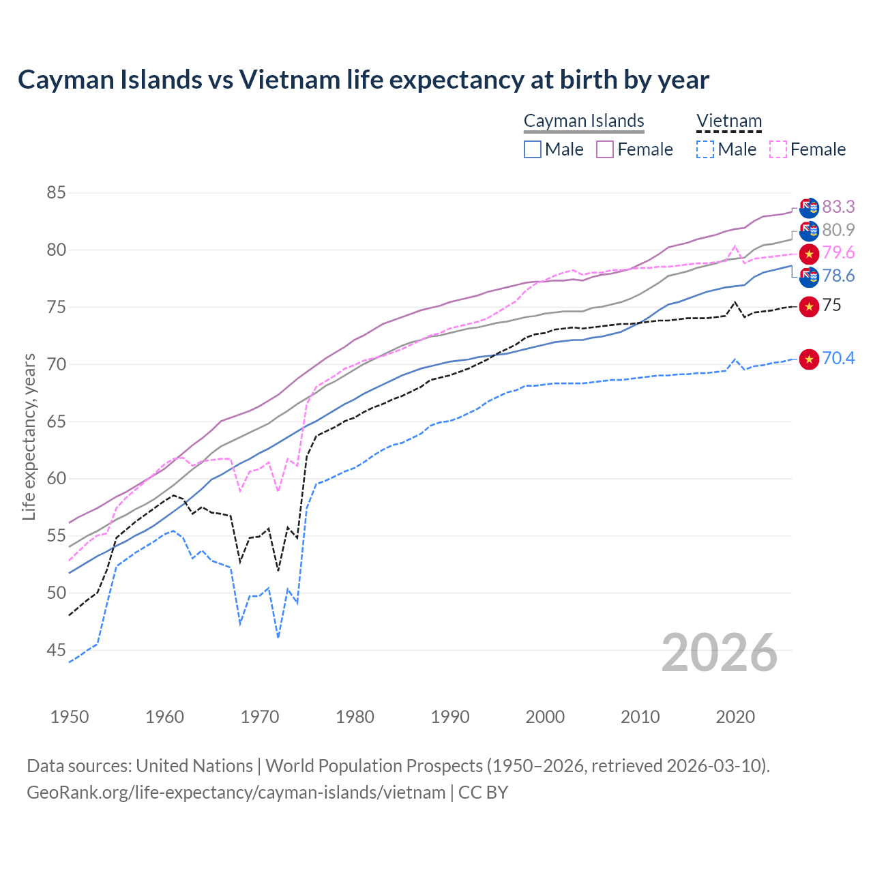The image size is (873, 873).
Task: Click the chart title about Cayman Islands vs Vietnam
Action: click(364, 80)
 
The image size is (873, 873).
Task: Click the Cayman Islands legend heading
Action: click(584, 121)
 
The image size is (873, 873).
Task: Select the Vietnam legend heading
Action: click(728, 121)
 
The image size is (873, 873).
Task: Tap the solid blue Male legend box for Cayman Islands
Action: click(533, 149)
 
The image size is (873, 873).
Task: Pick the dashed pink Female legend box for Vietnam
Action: click(778, 149)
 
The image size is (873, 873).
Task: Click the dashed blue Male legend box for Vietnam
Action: click(705, 149)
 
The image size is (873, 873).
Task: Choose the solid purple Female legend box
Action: click(605, 149)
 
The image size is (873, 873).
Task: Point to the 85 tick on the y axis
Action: click(56, 193)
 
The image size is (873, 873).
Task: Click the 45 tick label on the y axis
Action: click(56, 651)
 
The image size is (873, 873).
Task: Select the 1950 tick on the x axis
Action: click(70, 717)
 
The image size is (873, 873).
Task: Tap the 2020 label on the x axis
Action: click(735, 717)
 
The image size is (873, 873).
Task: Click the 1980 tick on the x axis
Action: click(355, 717)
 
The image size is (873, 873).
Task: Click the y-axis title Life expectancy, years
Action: click(29, 436)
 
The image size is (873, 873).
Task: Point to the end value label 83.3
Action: click(838, 207)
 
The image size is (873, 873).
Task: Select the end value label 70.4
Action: click(838, 358)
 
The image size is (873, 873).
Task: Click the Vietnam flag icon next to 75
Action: click(809, 306)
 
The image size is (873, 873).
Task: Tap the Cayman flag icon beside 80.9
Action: click(809, 231)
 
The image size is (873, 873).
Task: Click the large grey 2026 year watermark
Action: click(719, 653)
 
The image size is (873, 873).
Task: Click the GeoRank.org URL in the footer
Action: click(236, 793)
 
